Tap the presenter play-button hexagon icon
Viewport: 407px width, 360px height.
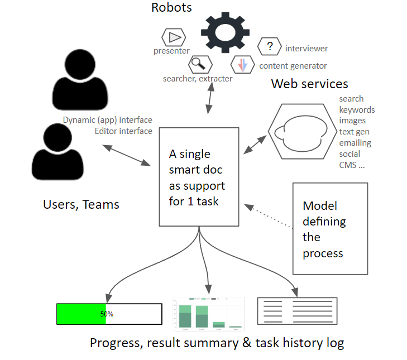(x=174, y=37)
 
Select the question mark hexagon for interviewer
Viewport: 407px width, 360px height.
(x=270, y=47)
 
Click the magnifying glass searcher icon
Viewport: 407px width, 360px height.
(x=198, y=65)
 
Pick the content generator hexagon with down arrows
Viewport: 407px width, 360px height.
(x=243, y=65)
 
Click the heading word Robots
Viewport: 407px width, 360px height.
(x=171, y=8)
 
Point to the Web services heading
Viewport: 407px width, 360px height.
(x=309, y=84)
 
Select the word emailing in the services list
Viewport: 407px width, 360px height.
(x=355, y=143)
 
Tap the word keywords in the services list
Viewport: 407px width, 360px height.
(x=357, y=110)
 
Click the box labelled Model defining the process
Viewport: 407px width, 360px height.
(x=330, y=228)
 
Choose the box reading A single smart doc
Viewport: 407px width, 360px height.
(x=199, y=177)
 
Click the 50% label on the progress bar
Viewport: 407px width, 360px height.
(x=107, y=314)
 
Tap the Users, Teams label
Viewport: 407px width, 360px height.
(x=81, y=204)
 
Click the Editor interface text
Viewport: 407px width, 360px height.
(x=123, y=131)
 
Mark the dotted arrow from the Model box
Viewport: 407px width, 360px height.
(x=270, y=218)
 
